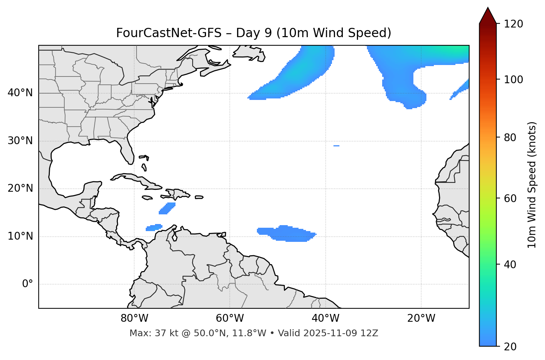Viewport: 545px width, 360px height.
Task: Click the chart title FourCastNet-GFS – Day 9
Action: (x=254, y=33)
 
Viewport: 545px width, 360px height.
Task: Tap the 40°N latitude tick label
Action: (x=20, y=93)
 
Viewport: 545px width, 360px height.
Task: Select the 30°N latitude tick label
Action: (x=20, y=141)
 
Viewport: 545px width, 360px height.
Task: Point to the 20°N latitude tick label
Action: (x=20, y=188)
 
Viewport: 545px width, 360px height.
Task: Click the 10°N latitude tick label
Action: (x=20, y=236)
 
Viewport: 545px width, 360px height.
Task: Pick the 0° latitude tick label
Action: (x=28, y=284)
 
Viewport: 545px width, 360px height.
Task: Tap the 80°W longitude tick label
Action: (x=134, y=318)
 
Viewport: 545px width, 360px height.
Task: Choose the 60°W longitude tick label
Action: (x=230, y=318)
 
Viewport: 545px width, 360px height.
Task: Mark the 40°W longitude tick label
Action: (x=325, y=318)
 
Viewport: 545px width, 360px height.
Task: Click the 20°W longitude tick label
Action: (x=421, y=318)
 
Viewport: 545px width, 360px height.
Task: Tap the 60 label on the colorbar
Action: (x=512, y=198)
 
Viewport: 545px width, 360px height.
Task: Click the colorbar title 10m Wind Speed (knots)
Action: (x=532, y=185)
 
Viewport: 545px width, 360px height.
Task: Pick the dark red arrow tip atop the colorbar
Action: (x=488, y=15)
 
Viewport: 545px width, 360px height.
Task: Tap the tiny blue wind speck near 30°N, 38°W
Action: (x=336, y=146)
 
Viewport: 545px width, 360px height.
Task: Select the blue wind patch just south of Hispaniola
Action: (x=167, y=208)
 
